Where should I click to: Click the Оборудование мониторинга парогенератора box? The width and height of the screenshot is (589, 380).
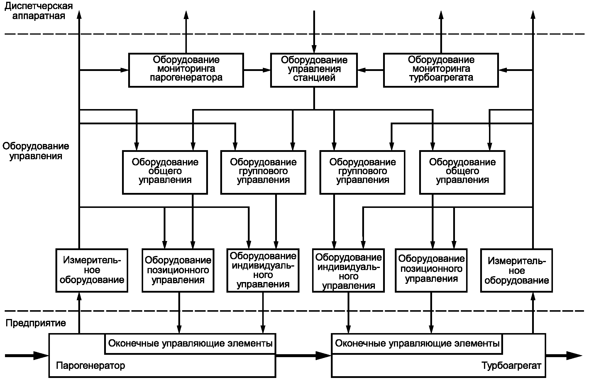tap(186, 70)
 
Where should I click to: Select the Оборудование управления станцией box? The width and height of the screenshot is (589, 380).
tap(314, 70)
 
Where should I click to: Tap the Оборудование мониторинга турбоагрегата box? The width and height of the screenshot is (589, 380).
tap(441, 70)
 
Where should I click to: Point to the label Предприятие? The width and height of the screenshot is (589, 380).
tap(36, 323)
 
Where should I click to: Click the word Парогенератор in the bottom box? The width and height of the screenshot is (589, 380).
tap(90, 366)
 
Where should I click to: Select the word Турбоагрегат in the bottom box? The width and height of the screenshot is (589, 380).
tap(511, 366)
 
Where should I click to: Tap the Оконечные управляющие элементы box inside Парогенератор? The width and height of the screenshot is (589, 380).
tap(190, 343)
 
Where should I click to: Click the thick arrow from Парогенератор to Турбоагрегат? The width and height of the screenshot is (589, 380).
tap(304, 356)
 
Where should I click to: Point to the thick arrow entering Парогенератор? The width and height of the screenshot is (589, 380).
tap(27, 356)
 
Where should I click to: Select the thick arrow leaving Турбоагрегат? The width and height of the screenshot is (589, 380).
tap(564, 356)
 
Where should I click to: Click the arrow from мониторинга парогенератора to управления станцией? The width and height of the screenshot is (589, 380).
tap(257, 70)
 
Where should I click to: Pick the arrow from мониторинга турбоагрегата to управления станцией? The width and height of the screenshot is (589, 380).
tap(370, 70)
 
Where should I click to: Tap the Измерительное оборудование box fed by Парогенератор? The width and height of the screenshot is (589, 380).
tap(92, 270)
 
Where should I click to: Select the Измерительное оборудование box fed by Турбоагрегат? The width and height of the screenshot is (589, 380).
tap(517, 270)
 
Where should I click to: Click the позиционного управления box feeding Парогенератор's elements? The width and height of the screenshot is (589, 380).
tap(178, 270)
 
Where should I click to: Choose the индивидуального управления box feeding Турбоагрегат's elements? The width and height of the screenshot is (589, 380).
tap(348, 270)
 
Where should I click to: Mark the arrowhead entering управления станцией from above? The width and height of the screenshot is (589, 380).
tap(314, 49)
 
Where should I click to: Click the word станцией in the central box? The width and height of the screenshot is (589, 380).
tap(314, 78)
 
